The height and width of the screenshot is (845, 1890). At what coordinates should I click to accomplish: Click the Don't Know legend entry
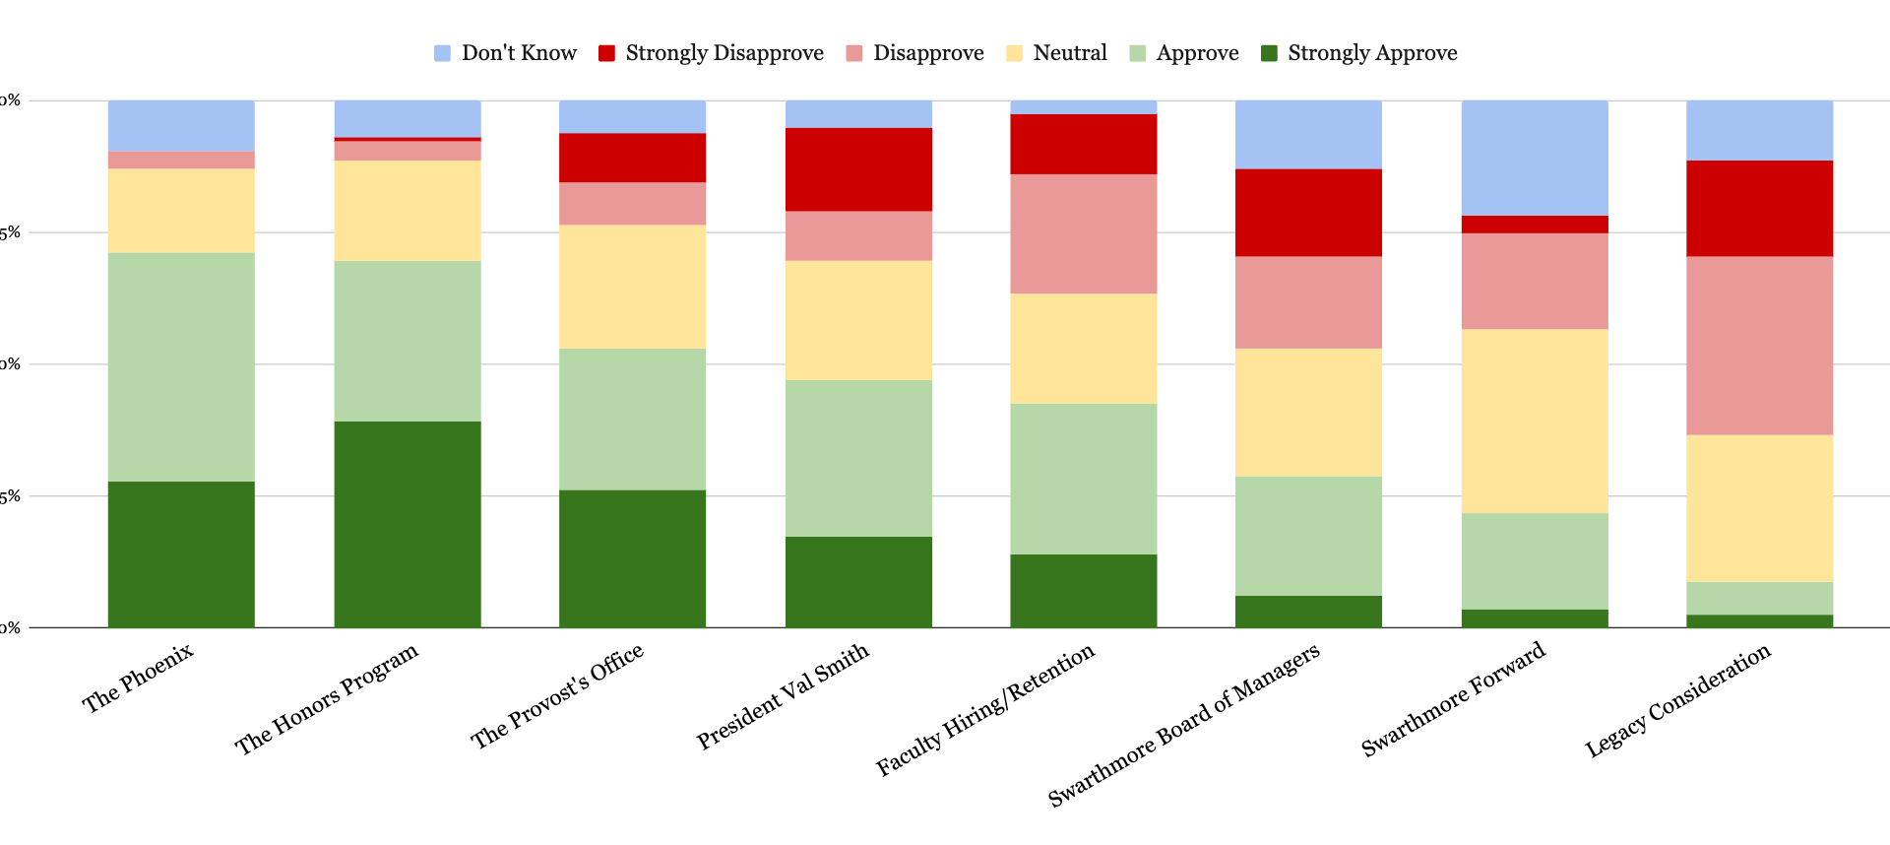[x=506, y=53]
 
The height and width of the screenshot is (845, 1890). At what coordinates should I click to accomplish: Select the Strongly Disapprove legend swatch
[x=607, y=53]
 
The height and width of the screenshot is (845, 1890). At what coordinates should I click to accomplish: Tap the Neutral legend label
[x=1069, y=53]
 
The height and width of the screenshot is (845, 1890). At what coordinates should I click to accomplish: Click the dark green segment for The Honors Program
[x=408, y=524]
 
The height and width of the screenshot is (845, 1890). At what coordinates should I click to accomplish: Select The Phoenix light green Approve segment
[x=181, y=366]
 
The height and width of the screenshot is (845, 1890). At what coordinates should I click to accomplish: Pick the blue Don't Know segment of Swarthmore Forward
[x=1535, y=158]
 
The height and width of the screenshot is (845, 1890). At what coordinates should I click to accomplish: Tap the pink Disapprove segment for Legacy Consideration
[x=1760, y=346]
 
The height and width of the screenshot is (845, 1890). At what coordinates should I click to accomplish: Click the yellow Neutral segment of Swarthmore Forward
[x=1535, y=421]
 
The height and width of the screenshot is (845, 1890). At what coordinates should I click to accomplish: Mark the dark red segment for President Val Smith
[x=858, y=169]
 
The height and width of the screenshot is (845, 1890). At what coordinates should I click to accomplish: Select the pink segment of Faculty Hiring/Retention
[x=1084, y=233]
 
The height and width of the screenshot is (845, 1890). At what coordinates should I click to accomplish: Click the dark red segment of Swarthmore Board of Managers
[x=1308, y=213]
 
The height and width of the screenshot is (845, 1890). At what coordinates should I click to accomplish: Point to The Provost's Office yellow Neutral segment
[x=632, y=287]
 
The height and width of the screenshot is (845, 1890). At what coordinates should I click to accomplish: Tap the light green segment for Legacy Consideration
[x=1760, y=598]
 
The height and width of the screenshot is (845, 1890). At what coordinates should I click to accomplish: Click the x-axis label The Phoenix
[x=139, y=678]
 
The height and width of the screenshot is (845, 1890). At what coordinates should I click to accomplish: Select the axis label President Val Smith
[x=784, y=695]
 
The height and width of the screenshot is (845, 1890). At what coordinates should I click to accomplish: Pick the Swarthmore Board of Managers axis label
[x=1184, y=726]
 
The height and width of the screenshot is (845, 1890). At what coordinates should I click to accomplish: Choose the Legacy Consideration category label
[x=1678, y=700]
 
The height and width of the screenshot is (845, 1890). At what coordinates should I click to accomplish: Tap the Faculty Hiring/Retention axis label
[x=985, y=709]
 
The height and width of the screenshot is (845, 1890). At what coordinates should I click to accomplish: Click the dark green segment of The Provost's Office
[x=632, y=558]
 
